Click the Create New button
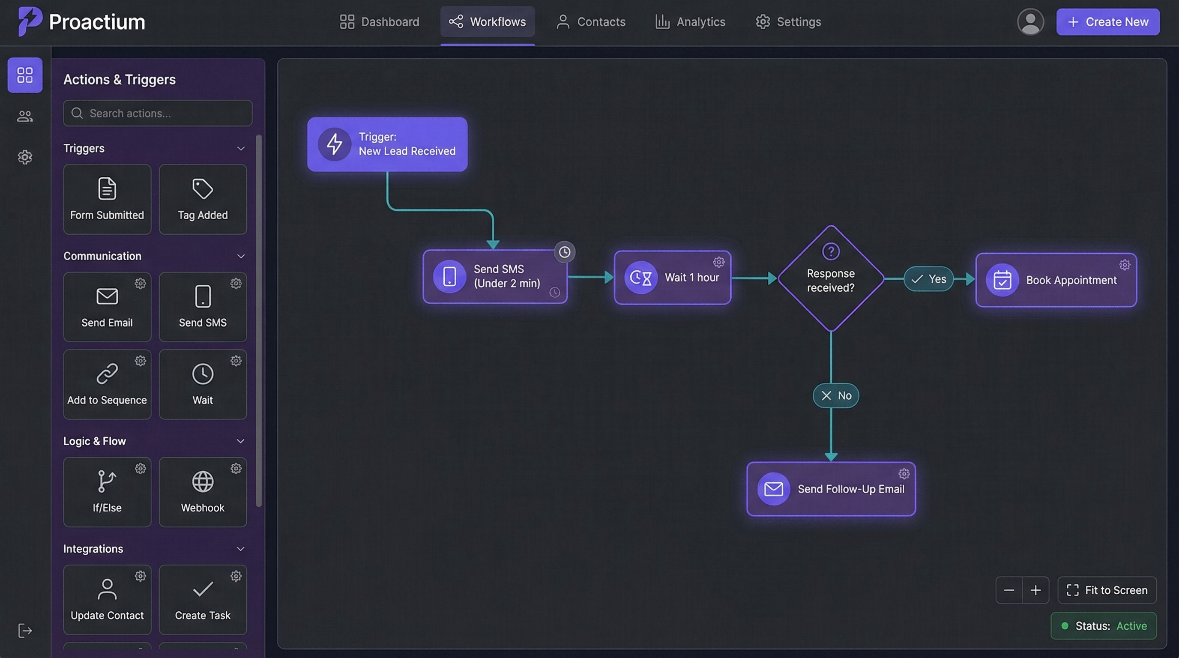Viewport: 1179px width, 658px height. [1107, 22]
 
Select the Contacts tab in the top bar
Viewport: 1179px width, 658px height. [591, 22]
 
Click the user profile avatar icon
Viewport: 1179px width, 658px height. [1030, 22]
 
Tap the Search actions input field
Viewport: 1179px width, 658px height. [158, 114]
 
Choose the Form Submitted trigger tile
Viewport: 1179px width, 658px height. [107, 200]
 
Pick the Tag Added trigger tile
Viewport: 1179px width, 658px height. [203, 200]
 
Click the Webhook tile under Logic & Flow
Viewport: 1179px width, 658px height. [203, 492]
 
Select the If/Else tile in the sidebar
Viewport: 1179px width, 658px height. [107, 492]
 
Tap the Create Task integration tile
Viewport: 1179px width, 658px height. [203, 599]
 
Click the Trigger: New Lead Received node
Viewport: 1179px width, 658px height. [387, 144]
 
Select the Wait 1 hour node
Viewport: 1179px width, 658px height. [672, 277]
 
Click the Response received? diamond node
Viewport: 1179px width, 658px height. [831, 279]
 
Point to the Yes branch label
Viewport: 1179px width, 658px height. [928, 279]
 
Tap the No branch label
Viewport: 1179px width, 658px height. [836, 395]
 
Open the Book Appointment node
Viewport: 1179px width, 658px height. [1056, 280]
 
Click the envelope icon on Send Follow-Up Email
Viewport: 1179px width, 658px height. [773, 489]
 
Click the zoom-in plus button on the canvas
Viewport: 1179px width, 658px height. [1036, 590]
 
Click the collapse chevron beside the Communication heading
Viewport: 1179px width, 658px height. [241, 256]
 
